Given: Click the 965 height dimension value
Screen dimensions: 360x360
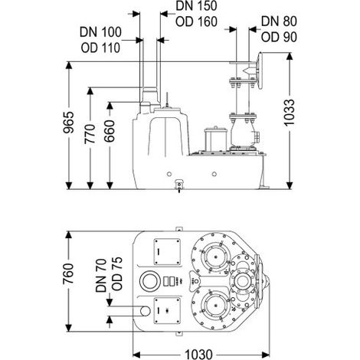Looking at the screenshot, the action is (x=68, y=123).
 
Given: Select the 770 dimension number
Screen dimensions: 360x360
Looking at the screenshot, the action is (x=90, y=134).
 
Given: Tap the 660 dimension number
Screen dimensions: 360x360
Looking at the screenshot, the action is (x=110, y=131).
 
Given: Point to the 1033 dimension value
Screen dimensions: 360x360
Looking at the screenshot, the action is (x=290, y=113).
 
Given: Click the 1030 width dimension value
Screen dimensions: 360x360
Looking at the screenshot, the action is (x=198, y=354).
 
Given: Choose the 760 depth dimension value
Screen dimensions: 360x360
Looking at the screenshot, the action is (x=68, y=273).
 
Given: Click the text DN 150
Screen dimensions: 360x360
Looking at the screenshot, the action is (x=196, y=6).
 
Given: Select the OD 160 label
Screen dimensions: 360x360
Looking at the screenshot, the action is (x=196, y=21).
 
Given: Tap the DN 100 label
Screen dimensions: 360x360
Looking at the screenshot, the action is (x=100, y=32).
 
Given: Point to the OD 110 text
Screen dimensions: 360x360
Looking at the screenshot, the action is (x=100, y=47).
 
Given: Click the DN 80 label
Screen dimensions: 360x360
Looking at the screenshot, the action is (x=279, y=21).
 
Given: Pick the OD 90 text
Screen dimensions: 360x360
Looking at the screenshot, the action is (x=279, y=38).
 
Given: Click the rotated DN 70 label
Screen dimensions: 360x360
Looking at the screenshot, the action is (x=101, y=275).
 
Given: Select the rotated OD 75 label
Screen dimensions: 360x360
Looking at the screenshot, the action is (x=117, y=273).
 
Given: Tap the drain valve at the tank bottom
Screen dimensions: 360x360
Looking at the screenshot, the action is (x=179, y=185).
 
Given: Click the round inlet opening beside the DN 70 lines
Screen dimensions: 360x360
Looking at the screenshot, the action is (x=145, y=311).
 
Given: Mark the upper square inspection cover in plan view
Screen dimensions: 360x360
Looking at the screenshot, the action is (x=167, y=252).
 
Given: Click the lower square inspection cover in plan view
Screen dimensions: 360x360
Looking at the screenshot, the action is (x=167, y=311).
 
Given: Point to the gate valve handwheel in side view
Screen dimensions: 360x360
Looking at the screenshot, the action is (x=260, y=70).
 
